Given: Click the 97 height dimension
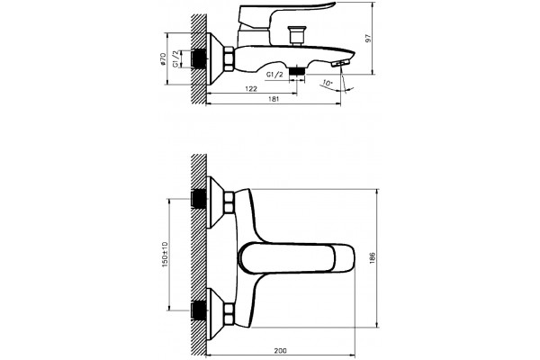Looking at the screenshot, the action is coord(368,38).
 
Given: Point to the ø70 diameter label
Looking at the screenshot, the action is coord(163,58).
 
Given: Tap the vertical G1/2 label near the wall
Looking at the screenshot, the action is coord(176,58).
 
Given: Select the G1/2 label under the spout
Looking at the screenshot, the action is coord(274,75).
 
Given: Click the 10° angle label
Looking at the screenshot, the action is coord(328,83).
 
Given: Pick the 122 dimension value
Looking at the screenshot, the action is coord(251,88).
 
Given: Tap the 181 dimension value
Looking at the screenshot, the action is coord(273,99).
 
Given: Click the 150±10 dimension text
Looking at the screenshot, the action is coord(166,254).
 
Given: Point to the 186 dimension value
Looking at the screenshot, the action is coord(372,258).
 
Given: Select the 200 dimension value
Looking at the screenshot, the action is coord(280,351).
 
